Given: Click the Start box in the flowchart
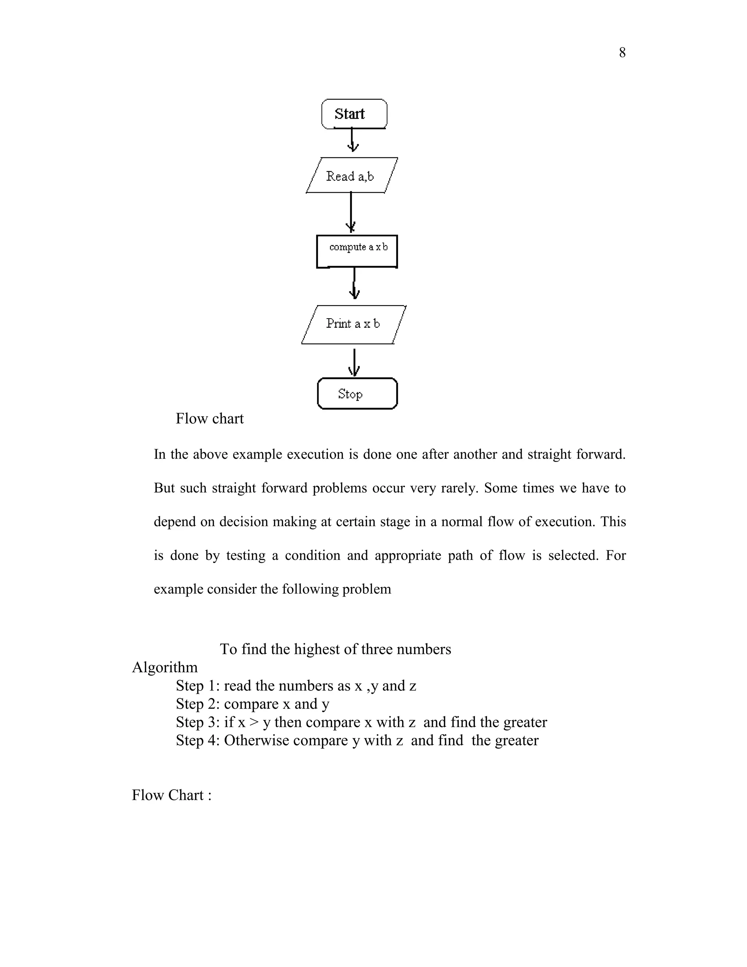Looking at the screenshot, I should tap(354, 114).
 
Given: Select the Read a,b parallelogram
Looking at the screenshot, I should tap(352, 176).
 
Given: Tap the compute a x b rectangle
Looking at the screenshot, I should tap(357, 251).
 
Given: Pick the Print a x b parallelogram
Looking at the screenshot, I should tap(353, 324).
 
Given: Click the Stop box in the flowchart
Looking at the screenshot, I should tap(357, 394).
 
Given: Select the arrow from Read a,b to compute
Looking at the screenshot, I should tap(351, 212).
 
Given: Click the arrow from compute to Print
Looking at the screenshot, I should tap(354, 284).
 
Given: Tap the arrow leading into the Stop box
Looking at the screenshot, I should tap(354, 363).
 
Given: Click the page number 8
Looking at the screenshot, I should tap(622, 53).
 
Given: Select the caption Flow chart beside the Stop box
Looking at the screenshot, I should tap(209, 419).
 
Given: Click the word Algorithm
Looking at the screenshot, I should tap(165, 667).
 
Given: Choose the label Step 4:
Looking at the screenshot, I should tap(198, 740).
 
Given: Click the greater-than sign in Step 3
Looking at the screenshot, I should tap(253, 722).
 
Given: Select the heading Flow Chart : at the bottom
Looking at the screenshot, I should tap(172, 795).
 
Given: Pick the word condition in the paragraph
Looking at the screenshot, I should tap(313, 555).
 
